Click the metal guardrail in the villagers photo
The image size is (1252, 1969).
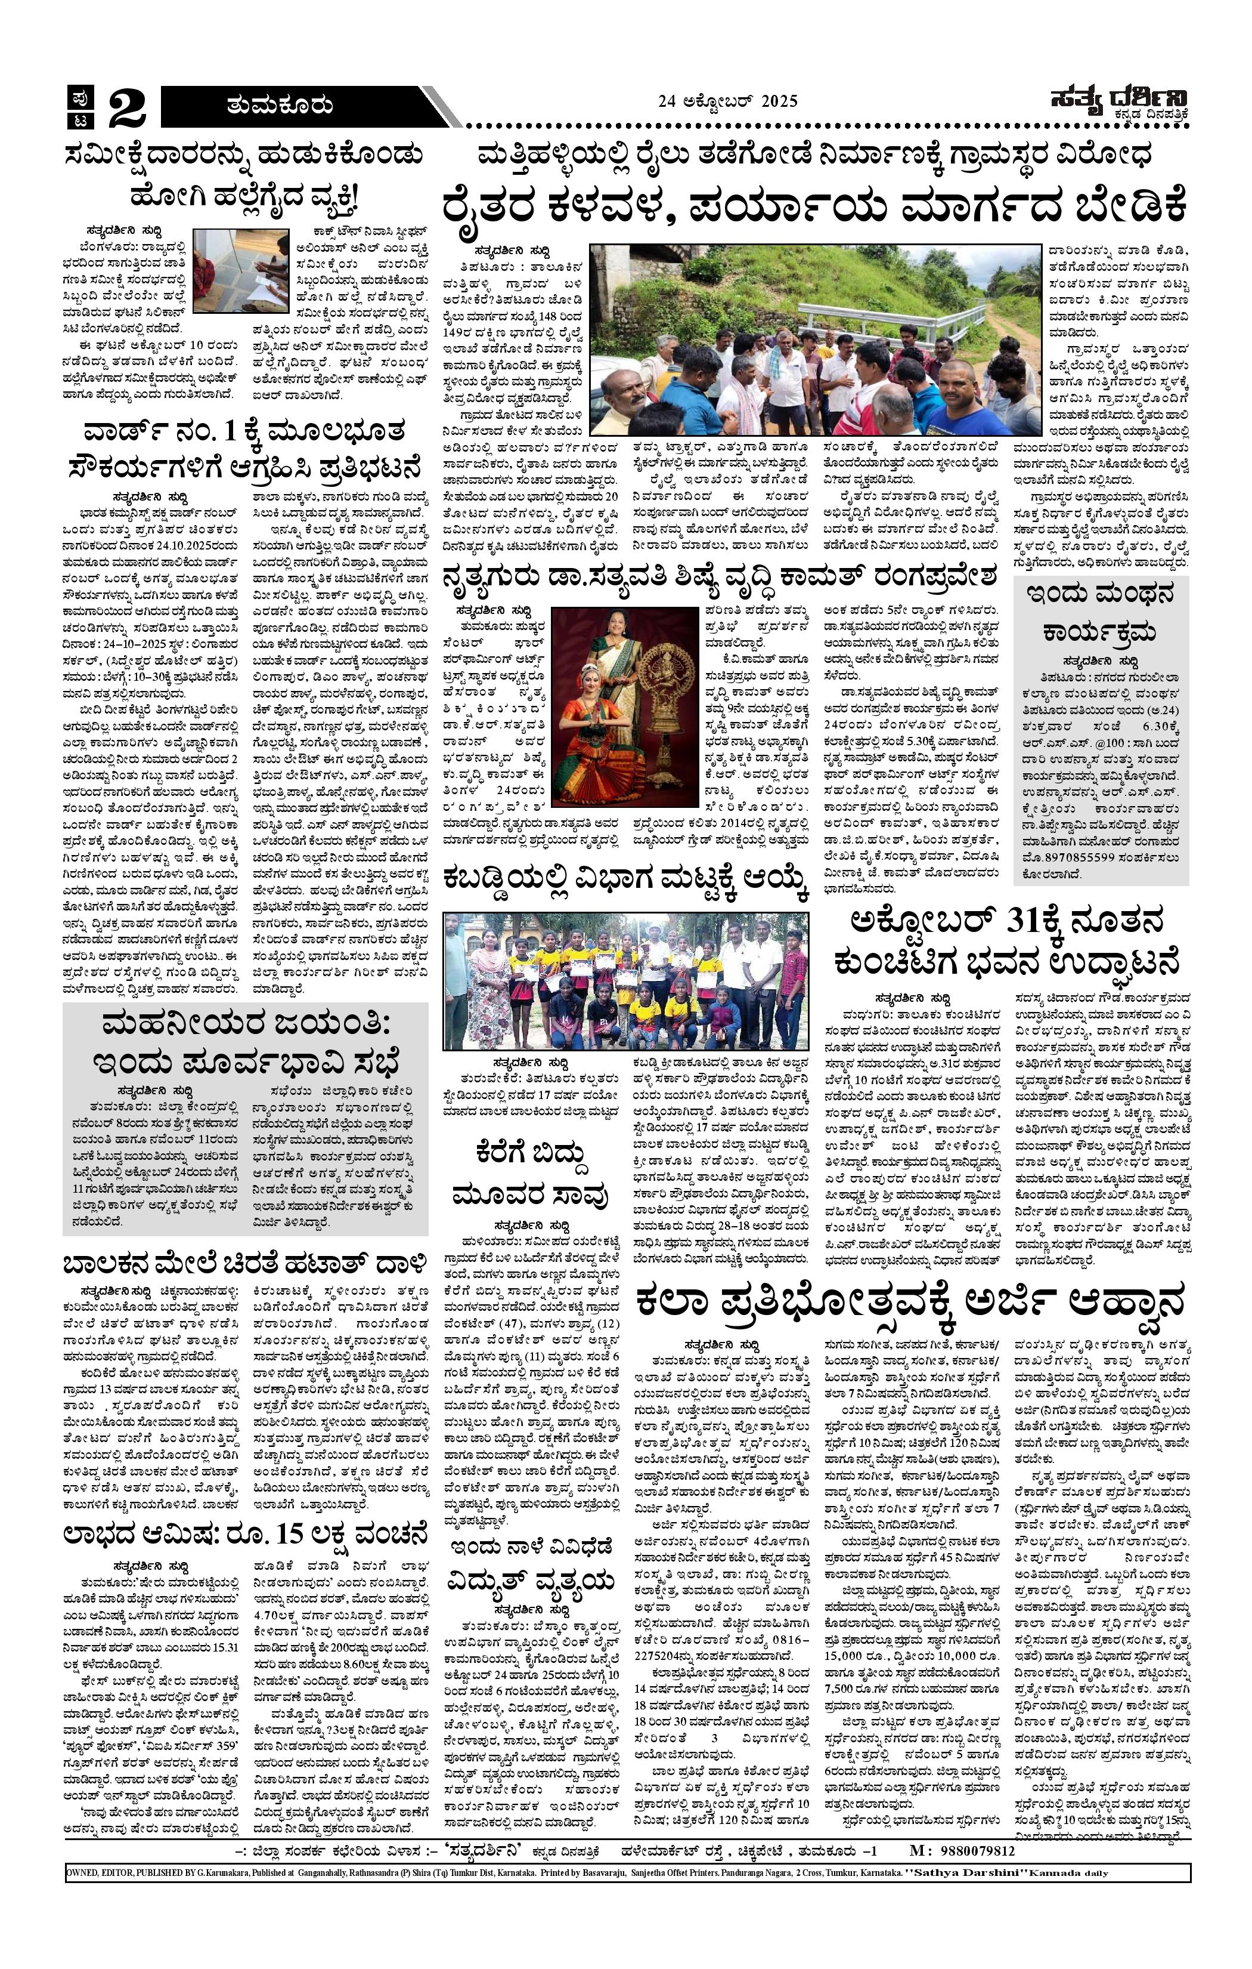(923, 329)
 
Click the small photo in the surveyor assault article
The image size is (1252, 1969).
(240, 265)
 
